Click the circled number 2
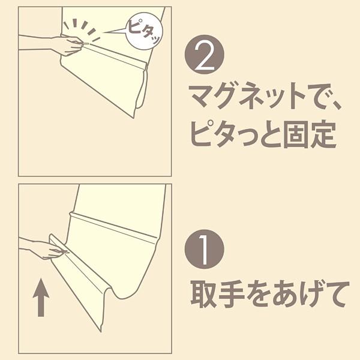205,55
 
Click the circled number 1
205,249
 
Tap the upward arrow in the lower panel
41,298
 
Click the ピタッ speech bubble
145,31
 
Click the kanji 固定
310,134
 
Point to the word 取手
218,294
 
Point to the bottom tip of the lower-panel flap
101,332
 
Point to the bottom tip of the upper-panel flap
134,118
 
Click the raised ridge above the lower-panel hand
113,226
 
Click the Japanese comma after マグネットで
337,105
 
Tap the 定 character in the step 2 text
323,134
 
